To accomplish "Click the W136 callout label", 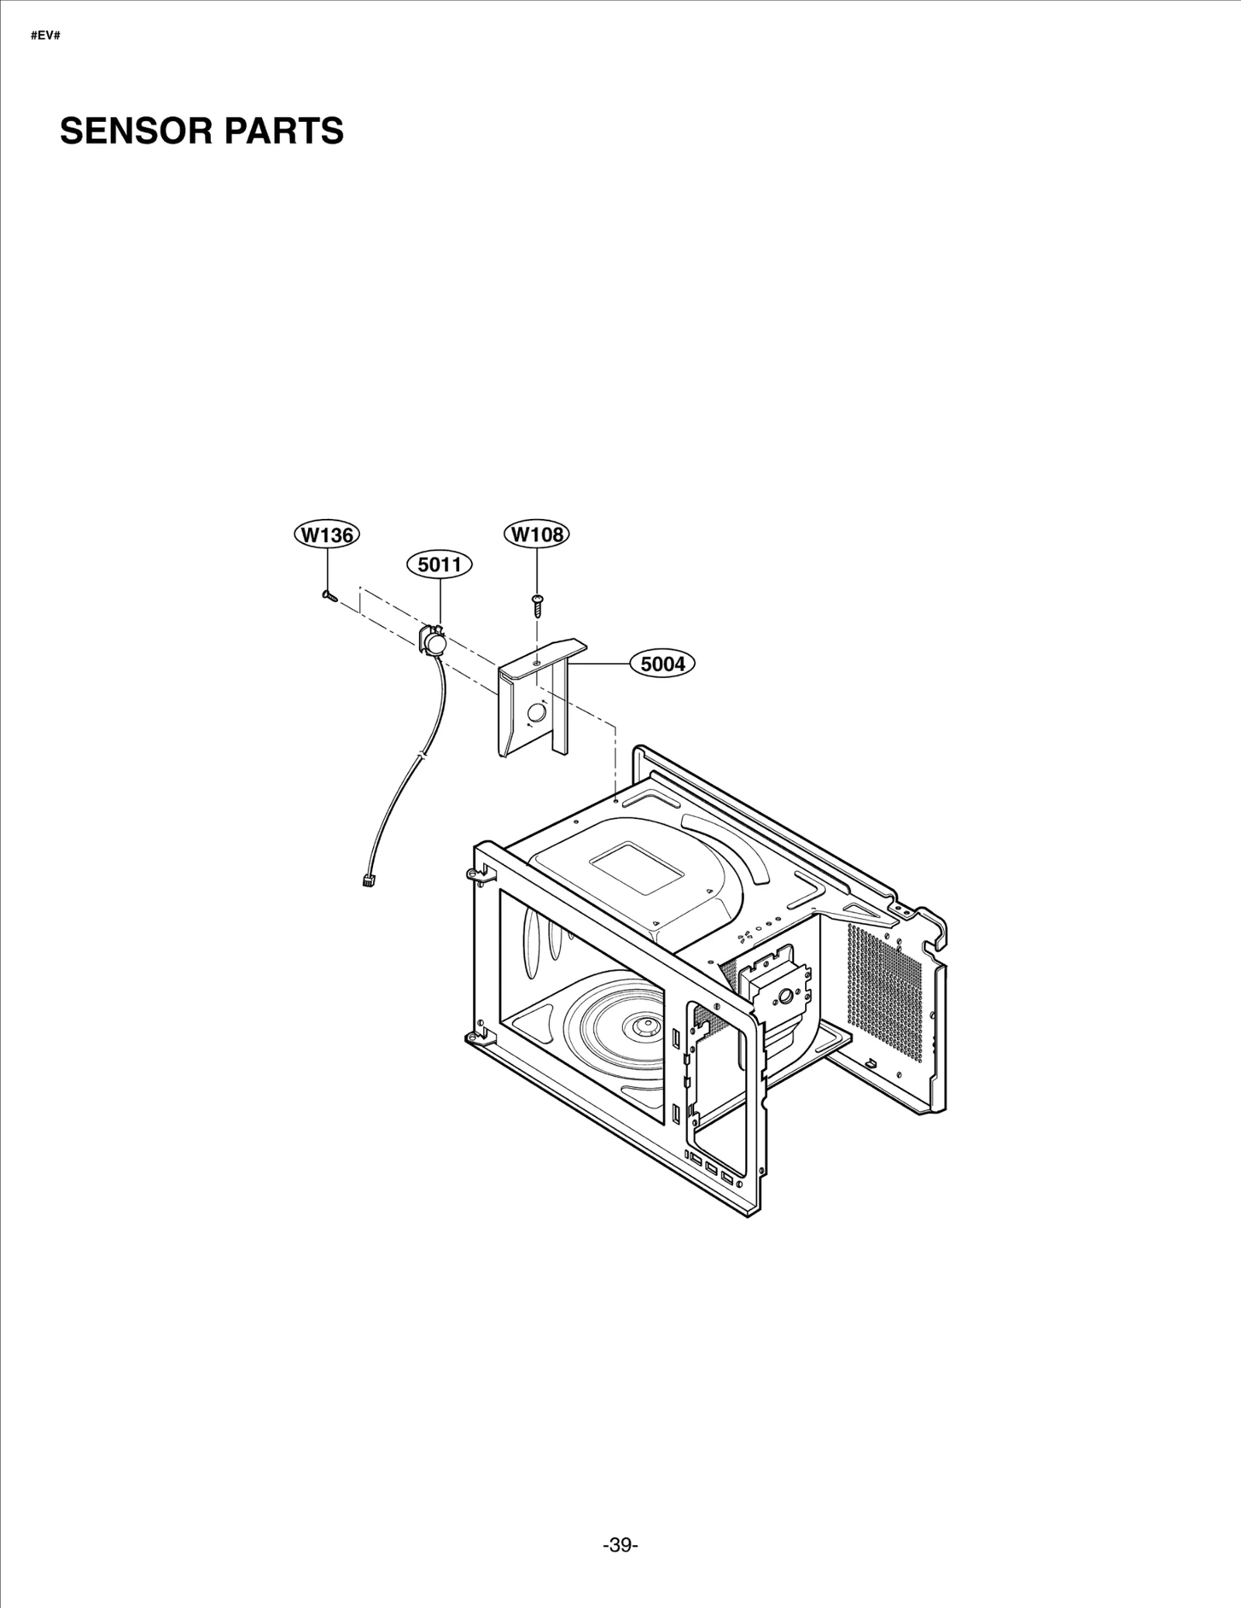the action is (x=327, y=534).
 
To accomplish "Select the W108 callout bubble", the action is (x=537, y=534).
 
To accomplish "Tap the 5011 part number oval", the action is (x=440, y=565).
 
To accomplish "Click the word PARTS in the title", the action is (x=285, y=131).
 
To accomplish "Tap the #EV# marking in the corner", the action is (x=46, y=36).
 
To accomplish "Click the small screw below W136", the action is (x=327, y=596).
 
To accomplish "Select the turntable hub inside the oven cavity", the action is (x=643, y=1026).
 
